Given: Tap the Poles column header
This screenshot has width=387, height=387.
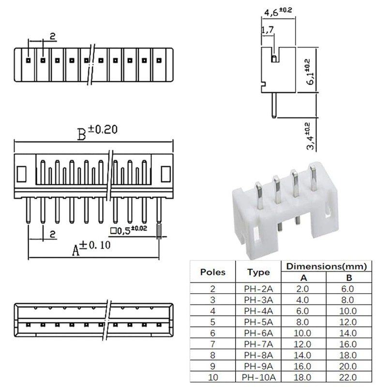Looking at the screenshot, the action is pos(213,272).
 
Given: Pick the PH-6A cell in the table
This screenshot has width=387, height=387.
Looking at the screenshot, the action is pos(259,333).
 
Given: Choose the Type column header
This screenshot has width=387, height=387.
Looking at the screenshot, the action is pos(259,272).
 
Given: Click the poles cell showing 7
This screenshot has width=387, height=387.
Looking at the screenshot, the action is pos(213,344).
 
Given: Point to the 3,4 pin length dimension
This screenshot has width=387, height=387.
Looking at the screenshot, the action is pos(307,134).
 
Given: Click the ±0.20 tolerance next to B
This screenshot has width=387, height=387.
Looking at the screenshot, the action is pos(103,130).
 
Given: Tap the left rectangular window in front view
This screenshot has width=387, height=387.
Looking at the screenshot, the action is pos(22,173).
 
